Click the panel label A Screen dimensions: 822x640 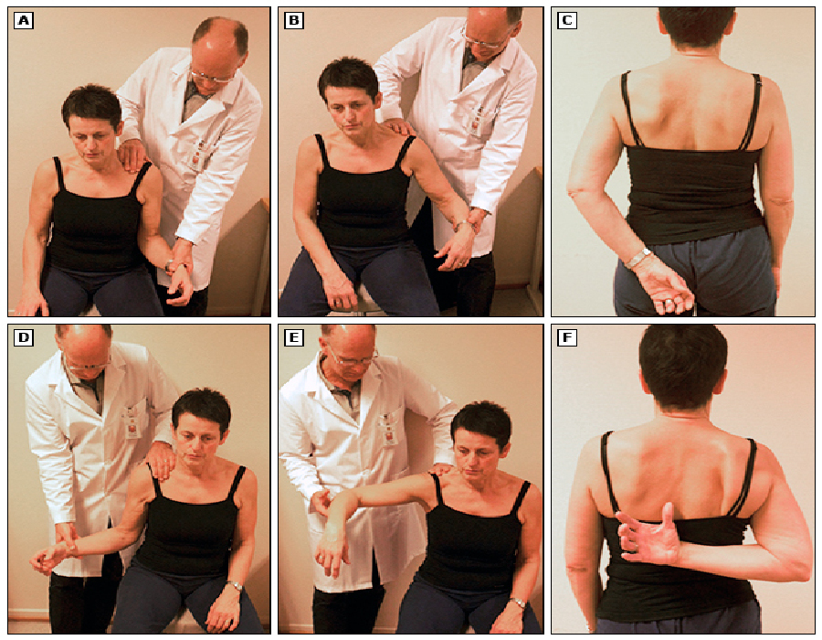point(24,20)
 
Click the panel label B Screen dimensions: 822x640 point(294,20)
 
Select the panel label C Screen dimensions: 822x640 point(567,20)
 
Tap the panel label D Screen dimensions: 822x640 point(24,338)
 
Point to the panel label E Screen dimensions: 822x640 point(294,338)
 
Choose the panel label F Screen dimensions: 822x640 point(567,338)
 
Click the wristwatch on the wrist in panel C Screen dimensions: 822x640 point(638,258)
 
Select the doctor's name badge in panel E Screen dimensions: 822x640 point(388,428)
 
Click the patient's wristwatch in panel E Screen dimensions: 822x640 point(518,603)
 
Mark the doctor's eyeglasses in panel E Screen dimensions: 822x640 point(353,357)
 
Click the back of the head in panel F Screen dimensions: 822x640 point(683,365)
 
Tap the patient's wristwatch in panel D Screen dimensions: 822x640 point(236,585)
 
